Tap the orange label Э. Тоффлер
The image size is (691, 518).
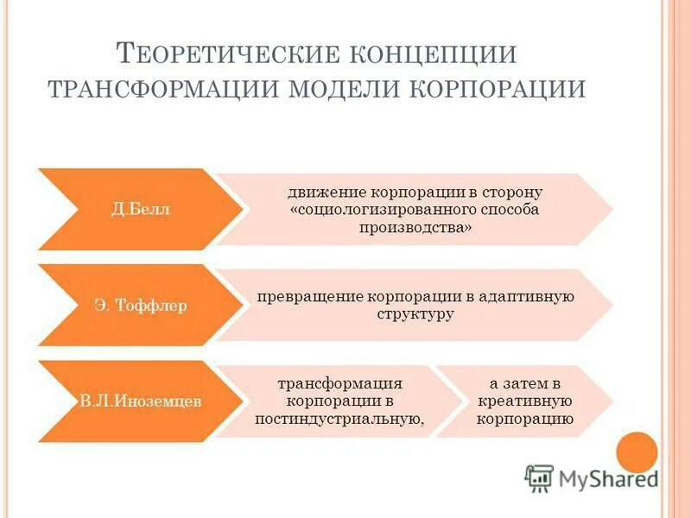pyautogui.click(x=130, y=306)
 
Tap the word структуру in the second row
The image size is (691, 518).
pyautogui.click(x=415, y=314)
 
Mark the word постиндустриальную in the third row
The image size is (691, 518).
pyautogui.click(x=339, y=420)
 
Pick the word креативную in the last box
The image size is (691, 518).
pyautogui.click(x=524, y=401)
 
